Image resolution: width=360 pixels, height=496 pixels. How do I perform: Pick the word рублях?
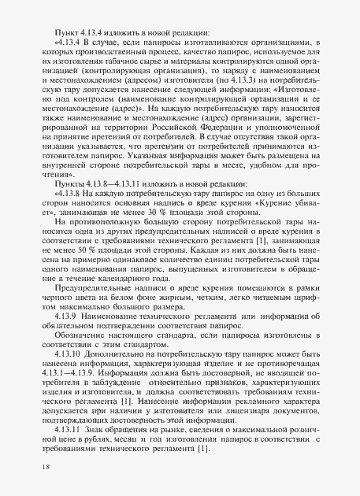(100, 462)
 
